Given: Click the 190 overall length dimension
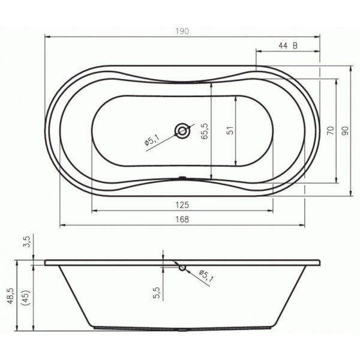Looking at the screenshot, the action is pos(182,31).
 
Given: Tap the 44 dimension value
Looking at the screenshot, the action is pos(283,46).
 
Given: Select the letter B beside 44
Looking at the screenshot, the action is pos(295,46).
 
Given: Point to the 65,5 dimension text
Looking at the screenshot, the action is pos(204,131).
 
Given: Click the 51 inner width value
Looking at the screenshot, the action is pos(231,130).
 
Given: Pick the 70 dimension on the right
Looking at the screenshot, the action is pos(331,130).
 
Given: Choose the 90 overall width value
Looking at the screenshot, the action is pos(345,131).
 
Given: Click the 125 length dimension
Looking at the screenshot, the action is pos(182,205).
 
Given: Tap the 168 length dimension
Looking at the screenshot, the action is pos(182,219).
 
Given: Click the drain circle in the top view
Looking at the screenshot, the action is pos(182,131).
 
